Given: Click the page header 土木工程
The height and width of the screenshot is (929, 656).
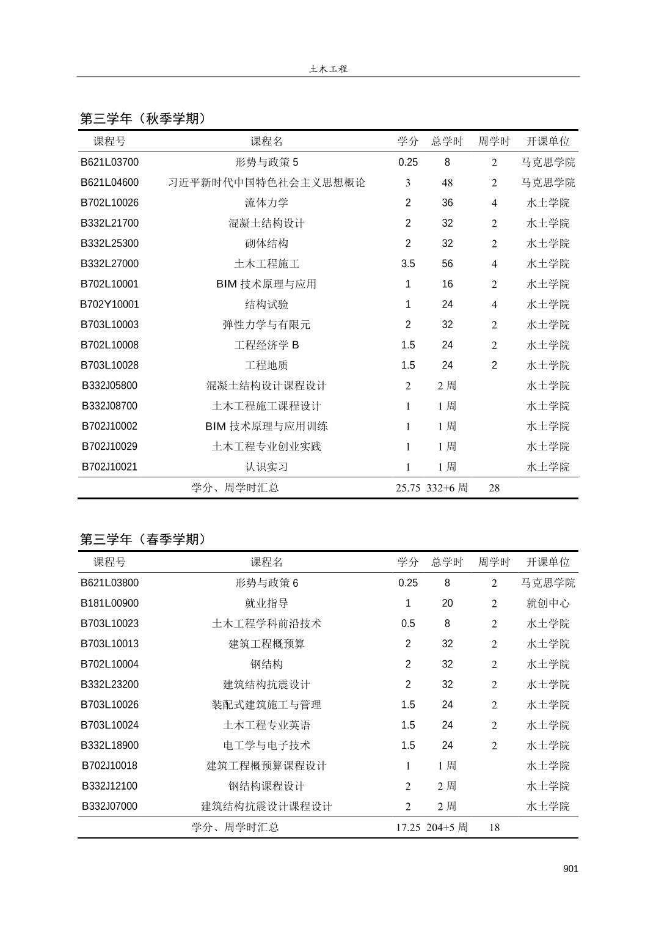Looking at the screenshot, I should pos(328,69).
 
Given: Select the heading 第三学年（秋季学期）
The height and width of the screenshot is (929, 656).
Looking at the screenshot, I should pos(144,119).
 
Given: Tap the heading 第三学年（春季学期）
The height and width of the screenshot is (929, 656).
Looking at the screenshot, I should pos(144,540).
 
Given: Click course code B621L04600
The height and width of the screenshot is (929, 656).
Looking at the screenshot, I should pos(110,183).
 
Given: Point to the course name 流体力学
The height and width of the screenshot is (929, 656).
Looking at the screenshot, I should pos(266,203).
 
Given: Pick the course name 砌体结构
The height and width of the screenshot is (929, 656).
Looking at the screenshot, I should pos(266,243).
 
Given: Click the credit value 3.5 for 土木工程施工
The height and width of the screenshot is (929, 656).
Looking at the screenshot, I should pos(408,264).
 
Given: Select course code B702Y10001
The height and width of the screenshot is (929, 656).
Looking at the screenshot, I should pos(110,304).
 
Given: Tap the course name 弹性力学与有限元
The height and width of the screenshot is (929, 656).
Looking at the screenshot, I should pos(266,325).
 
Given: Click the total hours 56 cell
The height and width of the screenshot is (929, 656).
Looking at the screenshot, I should pos(447,264).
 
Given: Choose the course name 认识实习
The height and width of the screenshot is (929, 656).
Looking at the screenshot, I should pos(266,467).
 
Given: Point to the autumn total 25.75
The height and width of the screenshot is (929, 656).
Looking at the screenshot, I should pos(407,488).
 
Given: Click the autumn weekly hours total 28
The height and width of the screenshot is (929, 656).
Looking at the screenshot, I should pos(494,488).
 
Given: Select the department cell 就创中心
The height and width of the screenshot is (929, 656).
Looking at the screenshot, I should pos(548,603).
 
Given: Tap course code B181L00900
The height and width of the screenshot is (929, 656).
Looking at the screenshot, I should pos(110,603).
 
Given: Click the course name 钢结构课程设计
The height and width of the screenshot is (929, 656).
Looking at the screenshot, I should pos(266,786).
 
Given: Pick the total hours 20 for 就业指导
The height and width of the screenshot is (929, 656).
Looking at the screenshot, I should pos(447,603).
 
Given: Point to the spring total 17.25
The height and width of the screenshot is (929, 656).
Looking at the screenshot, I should pos(407,828).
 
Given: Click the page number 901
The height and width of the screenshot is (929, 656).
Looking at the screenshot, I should pos(570,869).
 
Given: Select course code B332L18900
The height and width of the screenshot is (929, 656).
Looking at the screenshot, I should pos(110,746).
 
